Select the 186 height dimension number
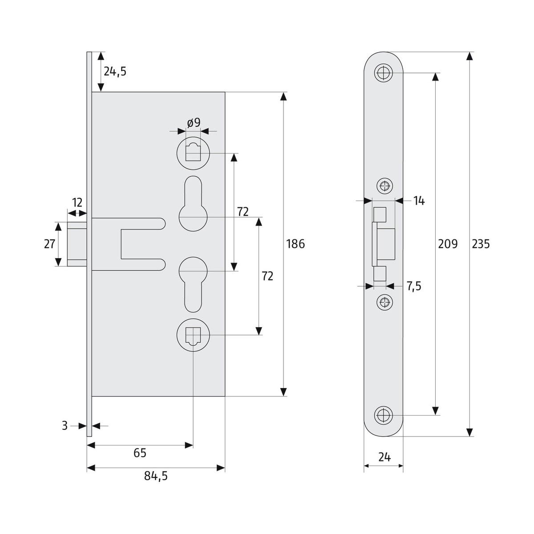click(x=295, y=244)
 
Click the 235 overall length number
click(x=481, y=244)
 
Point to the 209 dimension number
click(x=448, y=244)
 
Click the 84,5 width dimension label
click(x=156, y=477)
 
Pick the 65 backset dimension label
click(x=140, y=453)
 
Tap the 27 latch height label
click(x=49, y=244)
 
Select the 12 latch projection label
click(x=77, y=203)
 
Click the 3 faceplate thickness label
click(x=65, y=426)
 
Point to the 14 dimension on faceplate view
click(x=419, y=201)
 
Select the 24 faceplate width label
click(x=384, y=457)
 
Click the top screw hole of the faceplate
click(x=383, y=73)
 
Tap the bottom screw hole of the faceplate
click(x=383, y=415)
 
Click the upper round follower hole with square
click(x=193, y=153)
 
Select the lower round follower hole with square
click(x=193, y=335)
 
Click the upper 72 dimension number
click(x=243, y=212)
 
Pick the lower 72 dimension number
click(x=267, y=276)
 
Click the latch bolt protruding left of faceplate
click(x=77, y=244)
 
